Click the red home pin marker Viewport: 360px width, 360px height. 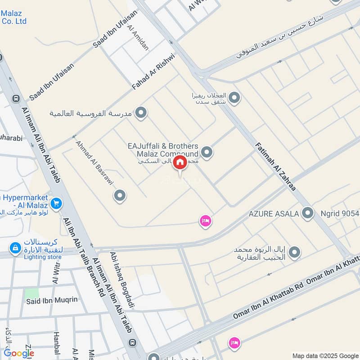coord(180,162)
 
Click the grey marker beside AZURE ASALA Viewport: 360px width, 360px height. coord(308,212)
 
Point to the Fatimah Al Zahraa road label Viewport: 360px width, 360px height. coord(275,166)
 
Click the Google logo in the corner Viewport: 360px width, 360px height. coord(19,353)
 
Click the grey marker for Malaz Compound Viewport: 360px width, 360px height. coord(207,153)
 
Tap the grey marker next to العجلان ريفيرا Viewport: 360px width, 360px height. coord(234,97)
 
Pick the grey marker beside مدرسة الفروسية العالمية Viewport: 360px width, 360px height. coord(141,113)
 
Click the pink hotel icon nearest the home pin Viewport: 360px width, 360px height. coord(206,221)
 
